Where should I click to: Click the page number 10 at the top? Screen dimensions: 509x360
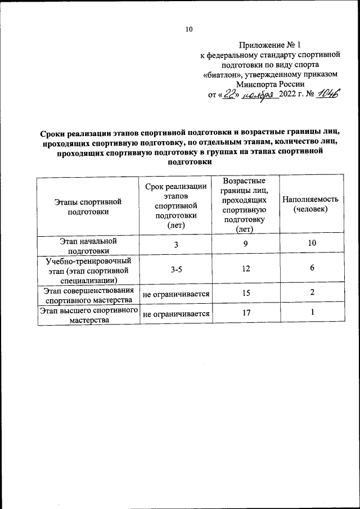coord(189,30)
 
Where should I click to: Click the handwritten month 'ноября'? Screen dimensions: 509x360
coord(260,96)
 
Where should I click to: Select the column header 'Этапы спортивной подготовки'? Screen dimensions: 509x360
coord(87,206)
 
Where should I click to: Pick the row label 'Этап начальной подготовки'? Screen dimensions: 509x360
coord(87,246)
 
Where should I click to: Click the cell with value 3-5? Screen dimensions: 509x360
coord(176,269)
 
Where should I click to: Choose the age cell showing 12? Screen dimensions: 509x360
coord(245,269)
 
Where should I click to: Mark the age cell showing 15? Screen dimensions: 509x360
coord(245,294)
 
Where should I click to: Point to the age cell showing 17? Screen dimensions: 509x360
coord(245,314)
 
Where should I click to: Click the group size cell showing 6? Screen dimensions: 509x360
coord(312,268)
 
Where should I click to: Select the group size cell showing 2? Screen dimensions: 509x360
coord(312,292)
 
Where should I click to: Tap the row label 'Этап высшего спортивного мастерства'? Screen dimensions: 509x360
coord(87,316)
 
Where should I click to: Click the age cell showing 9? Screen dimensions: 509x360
coord(245,245)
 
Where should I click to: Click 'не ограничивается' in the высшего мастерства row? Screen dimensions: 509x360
coord(176,314)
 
